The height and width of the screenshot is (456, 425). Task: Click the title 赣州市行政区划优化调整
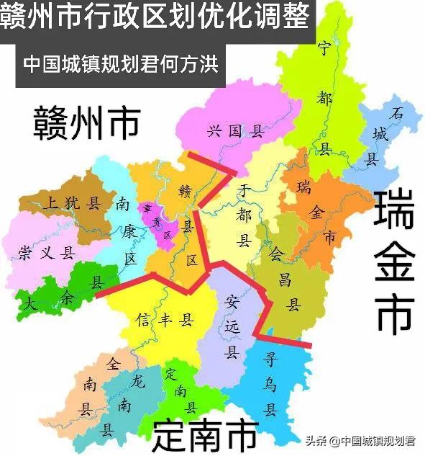tap(157, 15)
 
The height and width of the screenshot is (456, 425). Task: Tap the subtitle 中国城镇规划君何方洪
tap(121, 63)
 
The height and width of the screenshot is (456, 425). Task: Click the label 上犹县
tap(71, 203)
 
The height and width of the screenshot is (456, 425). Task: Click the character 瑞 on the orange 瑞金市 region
tap(304, 187)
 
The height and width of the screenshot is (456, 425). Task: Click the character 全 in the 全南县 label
tap(111, 365)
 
